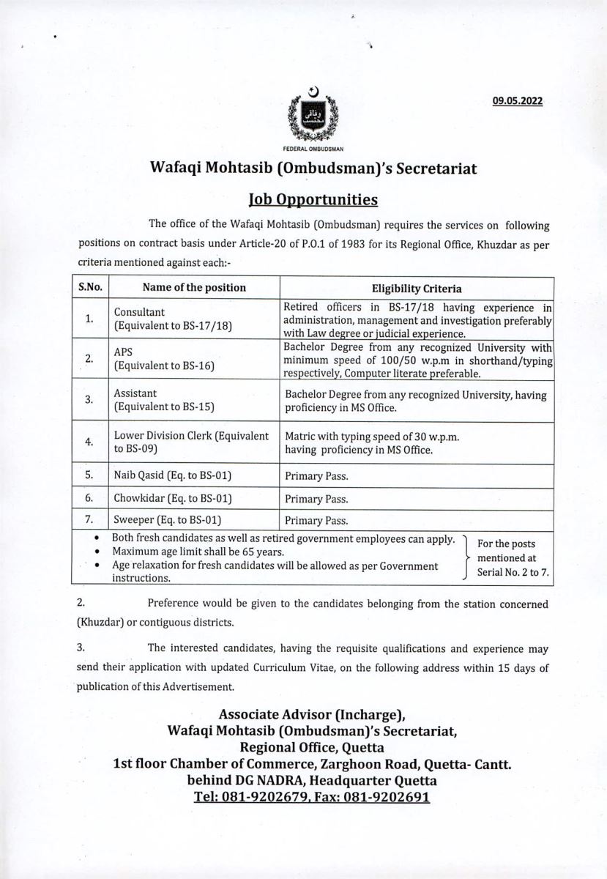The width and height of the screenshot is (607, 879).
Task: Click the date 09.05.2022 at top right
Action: (x=517, y=102)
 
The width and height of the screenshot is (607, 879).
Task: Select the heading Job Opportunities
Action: (x=313, y=199)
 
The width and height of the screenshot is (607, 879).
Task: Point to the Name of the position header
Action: (x=194, y=288)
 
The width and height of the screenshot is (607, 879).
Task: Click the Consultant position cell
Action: (x=173, y=318)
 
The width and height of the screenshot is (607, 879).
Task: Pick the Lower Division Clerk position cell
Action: (x=191, y=442)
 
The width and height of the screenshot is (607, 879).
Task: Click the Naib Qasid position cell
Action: (x=173, y=475)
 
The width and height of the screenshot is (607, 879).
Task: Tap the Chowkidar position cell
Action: (x=173, y=499)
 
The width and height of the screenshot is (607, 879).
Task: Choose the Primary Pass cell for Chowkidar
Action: (x=316, y=499)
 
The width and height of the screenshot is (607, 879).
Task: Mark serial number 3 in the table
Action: (x=89, y=400)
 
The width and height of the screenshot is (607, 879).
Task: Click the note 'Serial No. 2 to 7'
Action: (x=513, y=572)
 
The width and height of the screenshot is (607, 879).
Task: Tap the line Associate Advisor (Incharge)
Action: (x=313, y=714)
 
